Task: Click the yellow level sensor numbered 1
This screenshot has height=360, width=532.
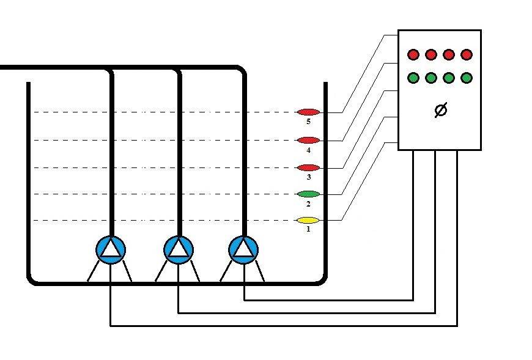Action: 308,220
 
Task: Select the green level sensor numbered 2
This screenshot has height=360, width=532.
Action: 308,194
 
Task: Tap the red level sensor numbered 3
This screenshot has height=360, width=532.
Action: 308,167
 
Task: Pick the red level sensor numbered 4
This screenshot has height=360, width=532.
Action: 308,140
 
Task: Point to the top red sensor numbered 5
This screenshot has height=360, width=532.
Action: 308,112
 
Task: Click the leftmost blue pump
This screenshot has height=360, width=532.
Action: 111,249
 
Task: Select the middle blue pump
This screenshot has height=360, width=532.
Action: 179,249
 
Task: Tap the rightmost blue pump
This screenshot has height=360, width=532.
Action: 243,249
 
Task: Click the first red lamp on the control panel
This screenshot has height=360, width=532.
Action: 413,55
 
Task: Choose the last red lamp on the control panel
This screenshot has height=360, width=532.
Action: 467,55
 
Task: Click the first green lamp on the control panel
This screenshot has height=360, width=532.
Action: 413,78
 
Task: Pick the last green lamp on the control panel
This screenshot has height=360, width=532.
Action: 467,78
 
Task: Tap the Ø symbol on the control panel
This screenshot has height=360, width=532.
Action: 440,111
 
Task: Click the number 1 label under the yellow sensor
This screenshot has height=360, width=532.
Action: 308,230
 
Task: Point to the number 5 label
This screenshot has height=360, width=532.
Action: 308,122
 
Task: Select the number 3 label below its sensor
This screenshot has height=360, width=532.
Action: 308,177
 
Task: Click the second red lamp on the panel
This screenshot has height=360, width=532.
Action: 431,55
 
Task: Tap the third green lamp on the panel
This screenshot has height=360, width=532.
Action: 449,78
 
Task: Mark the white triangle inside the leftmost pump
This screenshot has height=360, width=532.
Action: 111,249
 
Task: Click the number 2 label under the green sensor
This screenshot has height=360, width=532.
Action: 308,204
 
